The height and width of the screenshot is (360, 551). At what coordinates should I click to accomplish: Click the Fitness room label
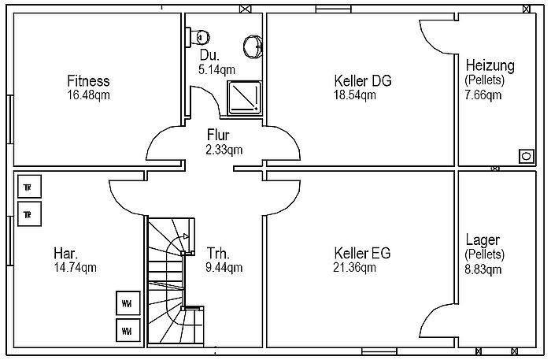click(88, 81)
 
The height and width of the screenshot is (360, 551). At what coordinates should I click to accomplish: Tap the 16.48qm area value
click(88, 95)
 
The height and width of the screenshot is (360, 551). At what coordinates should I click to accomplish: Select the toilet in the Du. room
click(197, 36)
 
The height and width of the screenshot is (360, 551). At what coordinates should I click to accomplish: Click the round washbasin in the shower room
click(253, 46)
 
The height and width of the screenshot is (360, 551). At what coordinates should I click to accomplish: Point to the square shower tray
click(245, 98)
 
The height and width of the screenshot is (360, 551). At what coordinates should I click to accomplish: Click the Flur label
click(218, 135)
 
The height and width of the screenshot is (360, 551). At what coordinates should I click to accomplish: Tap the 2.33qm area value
click(224, 150)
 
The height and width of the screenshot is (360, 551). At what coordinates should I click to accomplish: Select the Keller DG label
click(363, 81)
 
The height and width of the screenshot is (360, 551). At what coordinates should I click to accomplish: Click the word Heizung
click(490, 65)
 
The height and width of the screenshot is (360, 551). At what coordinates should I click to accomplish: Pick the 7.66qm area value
click(483, 95)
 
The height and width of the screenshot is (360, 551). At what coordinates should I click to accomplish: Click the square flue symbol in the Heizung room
click(526, 157)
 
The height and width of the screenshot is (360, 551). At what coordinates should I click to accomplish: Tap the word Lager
click(483, 239)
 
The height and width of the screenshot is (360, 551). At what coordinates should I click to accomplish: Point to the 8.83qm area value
click(483, 269)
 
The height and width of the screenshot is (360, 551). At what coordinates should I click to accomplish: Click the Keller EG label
click(362, 253)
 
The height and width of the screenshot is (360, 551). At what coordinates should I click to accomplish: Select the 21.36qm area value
click(354, 267)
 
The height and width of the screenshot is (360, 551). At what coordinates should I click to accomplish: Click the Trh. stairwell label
click(218, 253)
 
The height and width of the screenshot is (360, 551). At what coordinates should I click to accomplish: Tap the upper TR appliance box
click(30, 187)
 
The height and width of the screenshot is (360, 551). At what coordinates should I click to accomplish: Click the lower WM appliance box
click(128, 331)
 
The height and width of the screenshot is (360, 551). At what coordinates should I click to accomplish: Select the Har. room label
click(65, 253)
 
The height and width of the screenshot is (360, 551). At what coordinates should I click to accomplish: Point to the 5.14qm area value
click(216, 69)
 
